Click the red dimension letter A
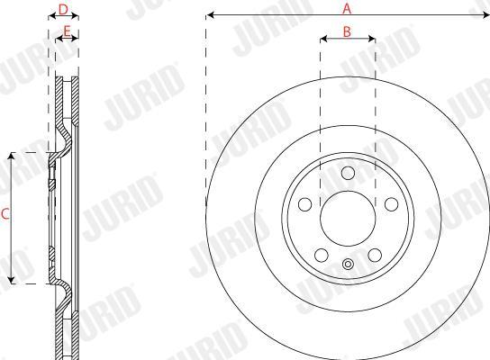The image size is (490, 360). coord(347,8)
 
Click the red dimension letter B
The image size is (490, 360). coord(347,31)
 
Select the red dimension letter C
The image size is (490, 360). coord(5,214)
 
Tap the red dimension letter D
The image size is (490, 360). coord(63,9)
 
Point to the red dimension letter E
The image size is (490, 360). coord(67,31)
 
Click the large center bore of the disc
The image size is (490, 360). coord(348,218)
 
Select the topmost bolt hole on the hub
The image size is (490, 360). coord(348,173)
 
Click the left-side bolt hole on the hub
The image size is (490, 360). coord(305,204)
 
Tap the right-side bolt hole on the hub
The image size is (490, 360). coord(391,204)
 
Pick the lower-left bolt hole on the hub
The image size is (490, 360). coord(322,255)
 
